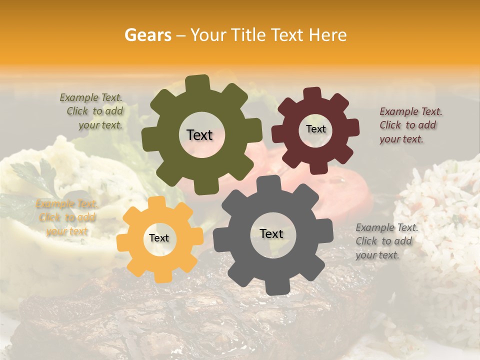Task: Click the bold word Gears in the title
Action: click(x=148, y=35)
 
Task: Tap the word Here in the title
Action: click(x=328, y=35)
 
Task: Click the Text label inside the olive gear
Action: click(x=199, y=135)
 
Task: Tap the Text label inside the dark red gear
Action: click(x=315, y=129)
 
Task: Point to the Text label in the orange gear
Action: click(x=159, y=238)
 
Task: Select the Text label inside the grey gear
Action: click(x=271, y=233)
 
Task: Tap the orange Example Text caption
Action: click(x=66, y=217)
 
